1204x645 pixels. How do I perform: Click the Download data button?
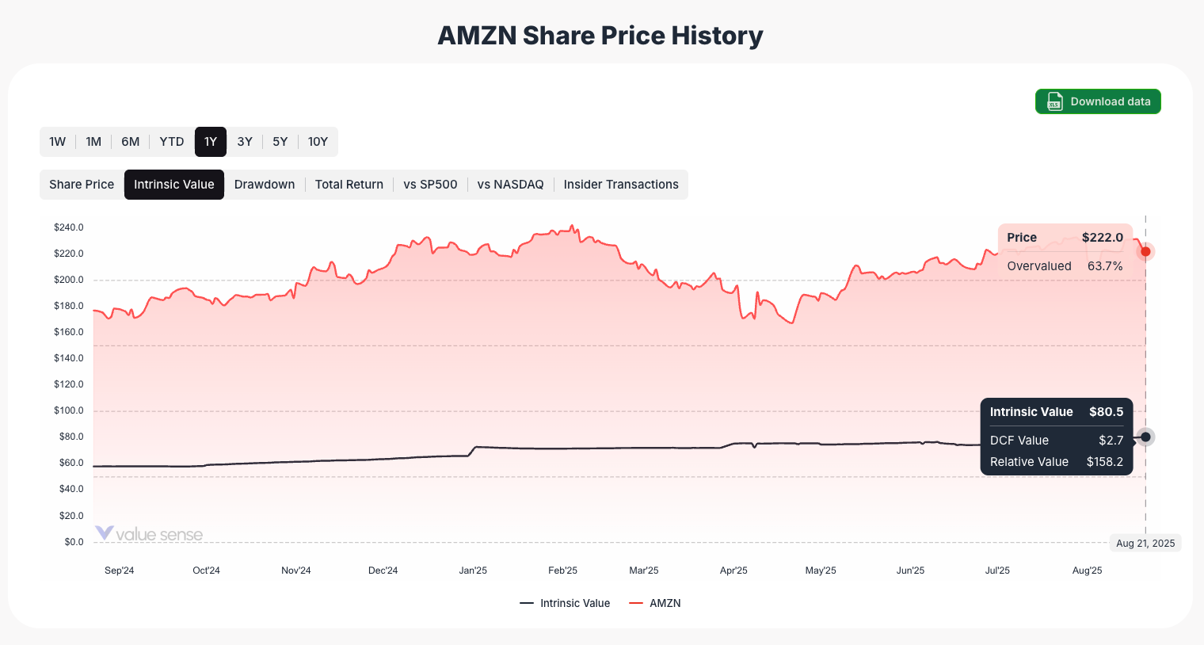click(1098, 101)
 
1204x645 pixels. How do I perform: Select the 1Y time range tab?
click(211, 142)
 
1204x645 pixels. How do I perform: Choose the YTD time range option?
click(171, 142)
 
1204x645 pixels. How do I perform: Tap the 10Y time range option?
click(318, 142)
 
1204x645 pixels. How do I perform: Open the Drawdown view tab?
click(265, 185)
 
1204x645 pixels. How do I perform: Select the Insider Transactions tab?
click(621, 185)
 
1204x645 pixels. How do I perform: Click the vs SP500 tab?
click(430, 185)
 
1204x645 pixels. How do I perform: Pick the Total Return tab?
click(349, 185)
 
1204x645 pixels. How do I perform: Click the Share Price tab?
click(82, 185)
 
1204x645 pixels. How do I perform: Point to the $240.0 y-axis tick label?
click(69, 227)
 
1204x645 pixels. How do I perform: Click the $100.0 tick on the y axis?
click(69, 410)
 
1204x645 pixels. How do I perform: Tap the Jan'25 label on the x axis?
click(473, 571)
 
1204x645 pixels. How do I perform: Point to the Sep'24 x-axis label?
click(120, 571)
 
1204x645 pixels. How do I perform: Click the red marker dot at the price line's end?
click(1145, 252)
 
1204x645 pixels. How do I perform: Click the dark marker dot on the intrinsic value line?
click(1145, 437)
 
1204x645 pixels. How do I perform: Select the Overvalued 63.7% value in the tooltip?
click(1105, 266)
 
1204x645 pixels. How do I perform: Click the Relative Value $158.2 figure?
click(1104, 462)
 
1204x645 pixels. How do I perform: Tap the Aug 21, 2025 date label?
click(1145, 543)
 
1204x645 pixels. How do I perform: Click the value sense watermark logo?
click(149, 534)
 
